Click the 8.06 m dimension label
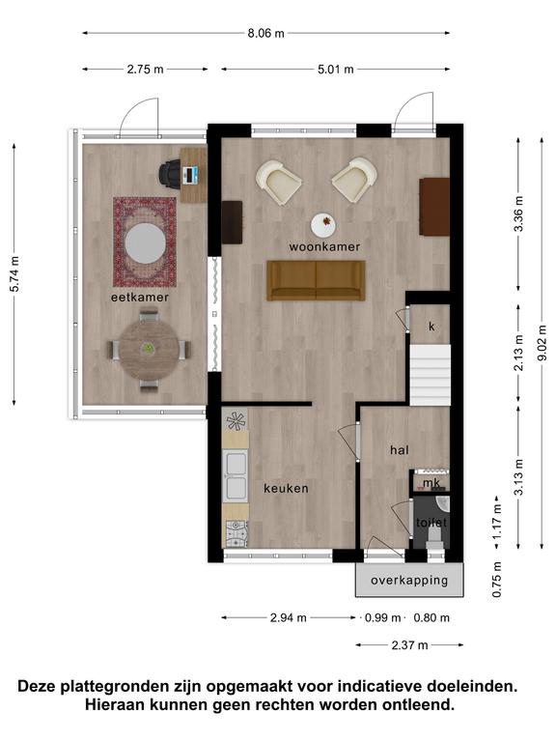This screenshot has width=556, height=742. tap(265, 33)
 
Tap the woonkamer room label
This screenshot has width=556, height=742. tap(324, 246)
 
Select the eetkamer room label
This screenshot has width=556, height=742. tap(139, 298)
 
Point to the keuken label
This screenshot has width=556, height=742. tap(286, 488)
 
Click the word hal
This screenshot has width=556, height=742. tap(400, 450)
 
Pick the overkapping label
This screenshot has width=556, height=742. tap(409, 580)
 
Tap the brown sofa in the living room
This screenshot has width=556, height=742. tap(316, 280)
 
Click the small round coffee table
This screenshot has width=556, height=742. tap(323, 224)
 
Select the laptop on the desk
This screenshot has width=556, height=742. tap(191, 175)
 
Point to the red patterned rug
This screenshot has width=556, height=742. tap(145, 242)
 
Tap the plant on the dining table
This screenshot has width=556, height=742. tap(149, 349)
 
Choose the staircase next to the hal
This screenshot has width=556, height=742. tap(430, 375)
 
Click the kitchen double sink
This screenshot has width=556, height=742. tap(236, 476)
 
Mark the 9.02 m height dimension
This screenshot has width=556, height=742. tap(542, 343)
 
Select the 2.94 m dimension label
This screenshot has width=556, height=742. tap(289, 617)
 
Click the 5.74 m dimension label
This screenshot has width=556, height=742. tap(14, 274)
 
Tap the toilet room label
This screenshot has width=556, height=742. tap(431, 523)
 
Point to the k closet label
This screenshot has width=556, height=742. tap(431, 327)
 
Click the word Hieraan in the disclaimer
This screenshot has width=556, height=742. tap(116, 705)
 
